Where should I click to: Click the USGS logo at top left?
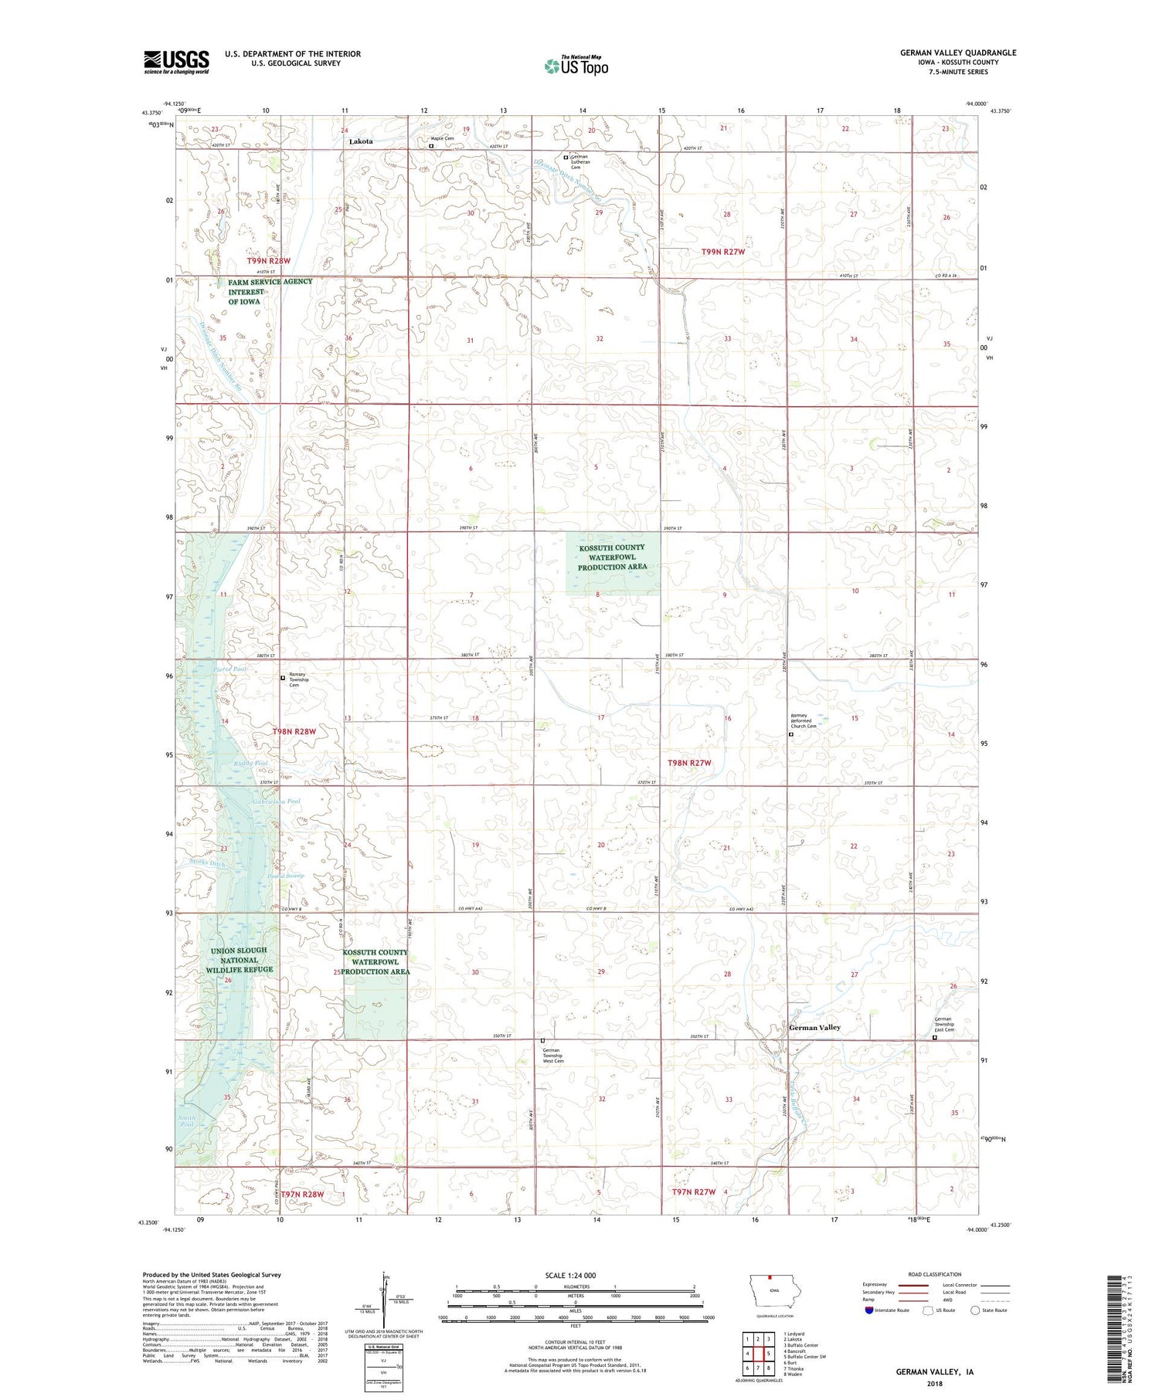click(176, 62)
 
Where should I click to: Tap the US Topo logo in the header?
click(576, 66)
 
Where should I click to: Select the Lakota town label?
click(361, 141)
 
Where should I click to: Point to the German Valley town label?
click(814, 1028)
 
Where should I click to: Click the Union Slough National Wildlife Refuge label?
click(239, 960)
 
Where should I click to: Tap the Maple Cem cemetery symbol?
click(432, 145)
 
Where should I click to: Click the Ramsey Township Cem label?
click(298, 679)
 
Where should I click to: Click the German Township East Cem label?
click(943, 1024)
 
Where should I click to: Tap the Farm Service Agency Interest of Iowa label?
click(270, 292)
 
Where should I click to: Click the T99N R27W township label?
click(723, 252)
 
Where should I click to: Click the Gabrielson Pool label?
click(276, 802)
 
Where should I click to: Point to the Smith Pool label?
click(187, 1120)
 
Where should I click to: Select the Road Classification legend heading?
click(934, 1274)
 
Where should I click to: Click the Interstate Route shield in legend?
click(869, 1310)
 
